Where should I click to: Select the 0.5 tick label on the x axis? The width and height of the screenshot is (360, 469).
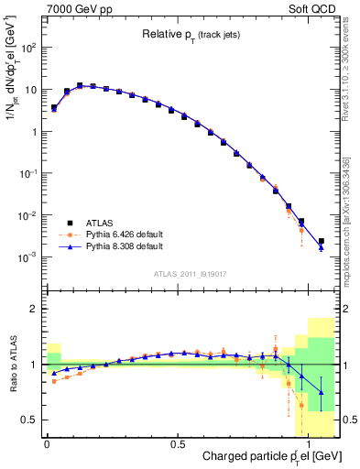(x=176, y=443)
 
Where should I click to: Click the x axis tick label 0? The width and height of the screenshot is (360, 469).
(x=47, y=443)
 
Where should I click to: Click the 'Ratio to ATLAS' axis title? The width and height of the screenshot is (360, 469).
(x=11, y=364)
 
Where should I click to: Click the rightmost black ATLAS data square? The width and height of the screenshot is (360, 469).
(x=321, y=241)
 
